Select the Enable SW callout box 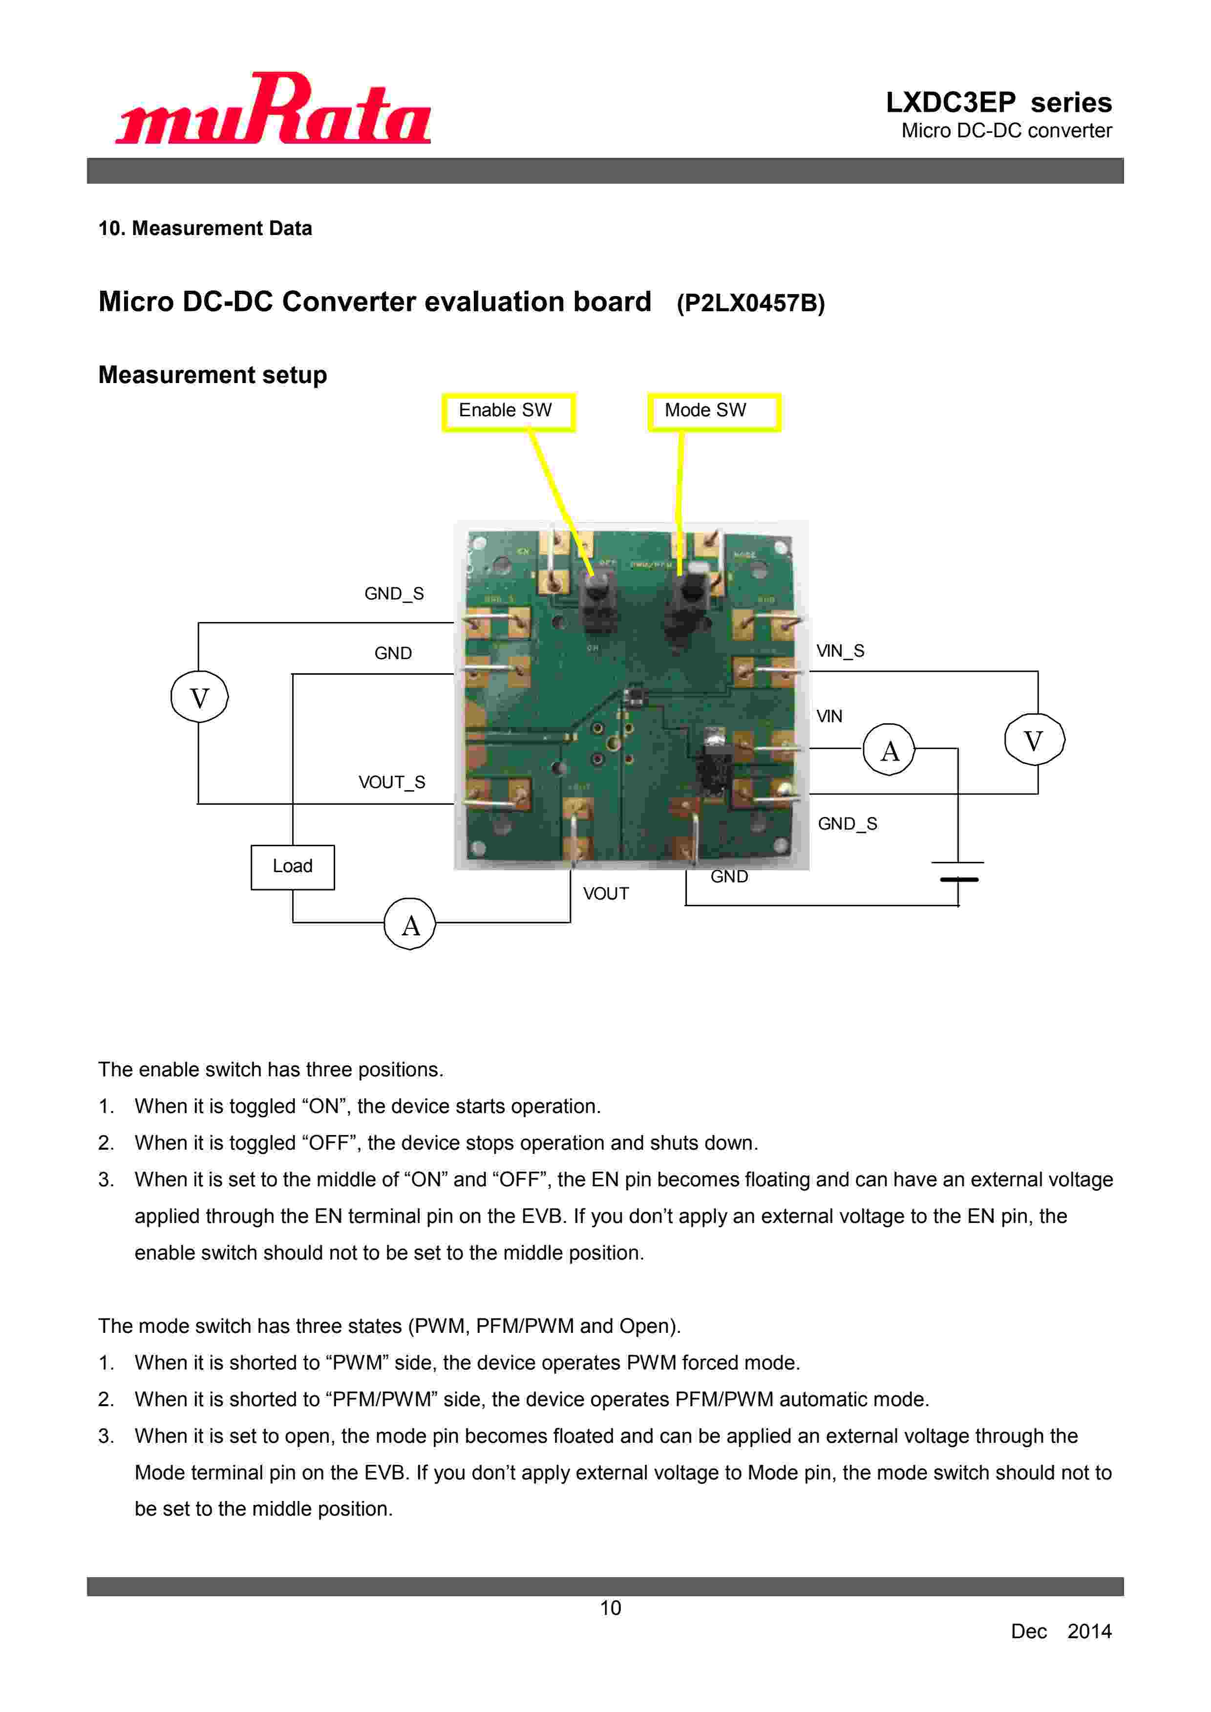click(508, 411)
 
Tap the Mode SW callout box click(714, 411)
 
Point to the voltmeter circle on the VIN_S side click(1034, 740)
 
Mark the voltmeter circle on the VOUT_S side click(199, 697)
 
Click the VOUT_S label click(391, 782)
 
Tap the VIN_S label click(840, 651)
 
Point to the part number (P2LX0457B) click(750, 303)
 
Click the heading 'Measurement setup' click(212, 374)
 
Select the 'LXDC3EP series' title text click(998, 102)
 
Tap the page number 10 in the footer click(610, 1608)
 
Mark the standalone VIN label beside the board click(829, 717)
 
